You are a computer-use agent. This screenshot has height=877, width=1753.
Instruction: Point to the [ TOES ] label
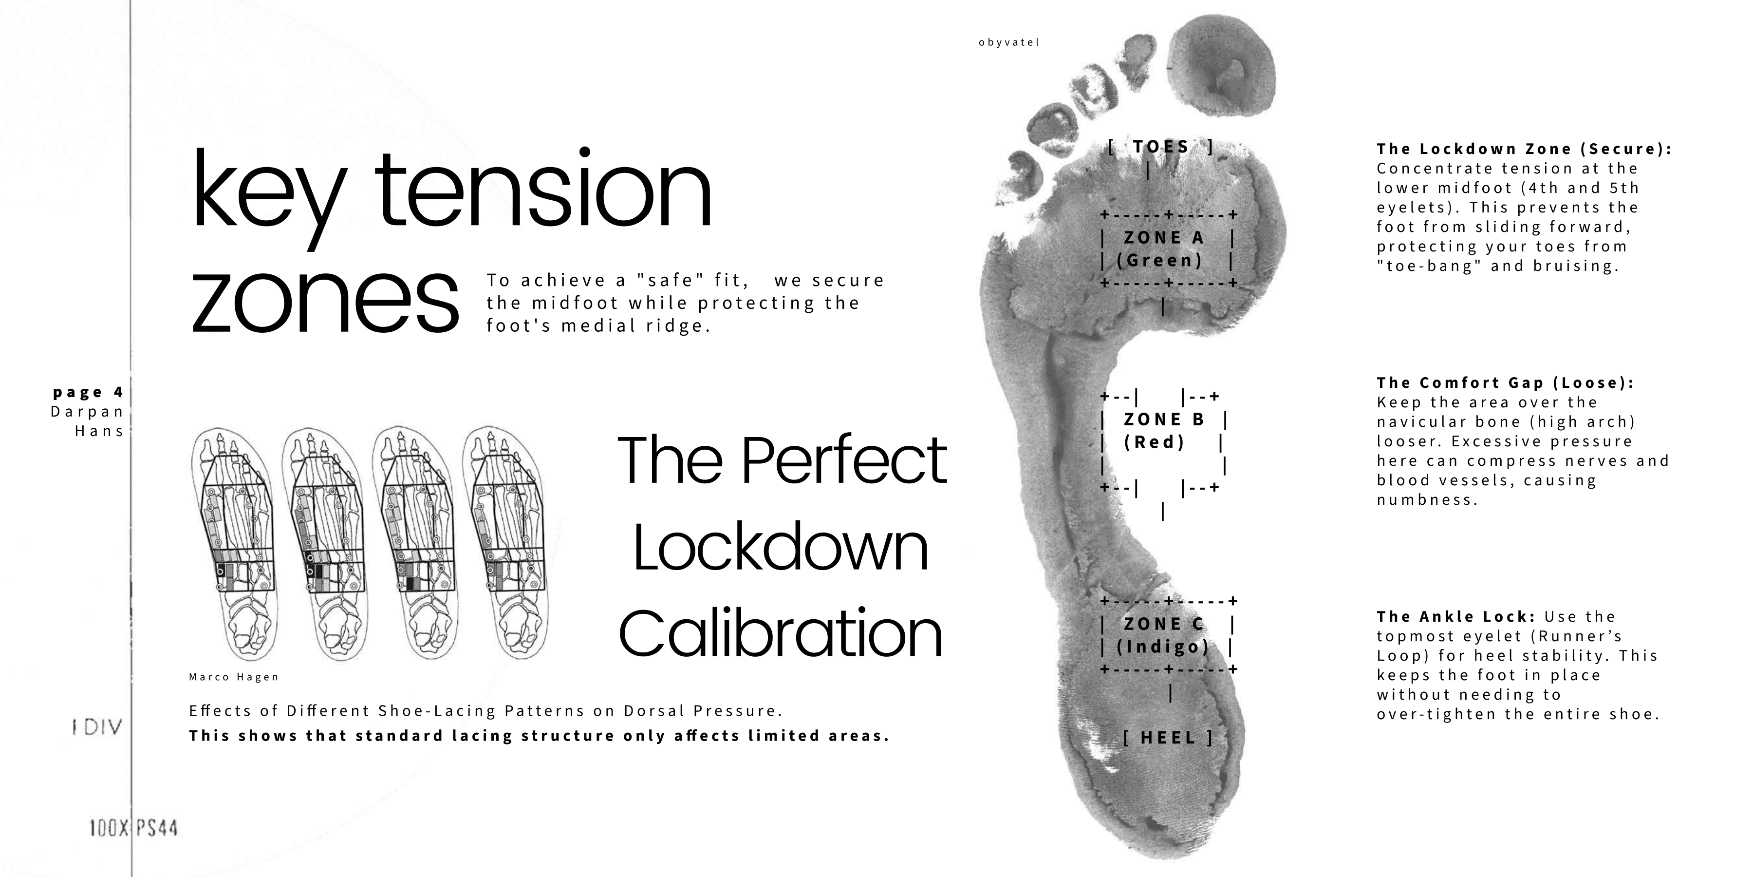pyautogui.click(x=1161, y=147)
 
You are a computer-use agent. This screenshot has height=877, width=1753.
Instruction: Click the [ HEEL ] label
pyautogui.click(x=1168, y=738)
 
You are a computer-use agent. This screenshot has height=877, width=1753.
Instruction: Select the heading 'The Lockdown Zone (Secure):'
pyautogui.click(x=1524, y=149)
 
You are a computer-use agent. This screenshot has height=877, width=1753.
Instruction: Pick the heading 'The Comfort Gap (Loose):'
pyautogui.click(x=1505, y=382)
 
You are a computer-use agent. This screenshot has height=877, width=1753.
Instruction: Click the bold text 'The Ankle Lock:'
pyautogui.click(x=1455, y=617)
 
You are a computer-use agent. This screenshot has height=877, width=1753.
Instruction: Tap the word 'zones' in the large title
pyautogui.click(x=325, y=300)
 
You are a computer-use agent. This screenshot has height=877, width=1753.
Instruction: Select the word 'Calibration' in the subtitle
pyautogui.click(x=781, y=633)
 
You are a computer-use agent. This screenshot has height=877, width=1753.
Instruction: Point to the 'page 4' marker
pyautogui.click(x=89, y=392)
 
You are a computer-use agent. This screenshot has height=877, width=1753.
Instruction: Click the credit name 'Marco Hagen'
pyautogui.click(x=234, y=677)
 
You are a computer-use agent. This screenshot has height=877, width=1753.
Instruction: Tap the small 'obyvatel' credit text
pyautogui.click(x=1008, y=42)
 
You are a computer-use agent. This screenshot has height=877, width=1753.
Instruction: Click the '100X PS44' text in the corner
pyautogui.click(x=133, y=829)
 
